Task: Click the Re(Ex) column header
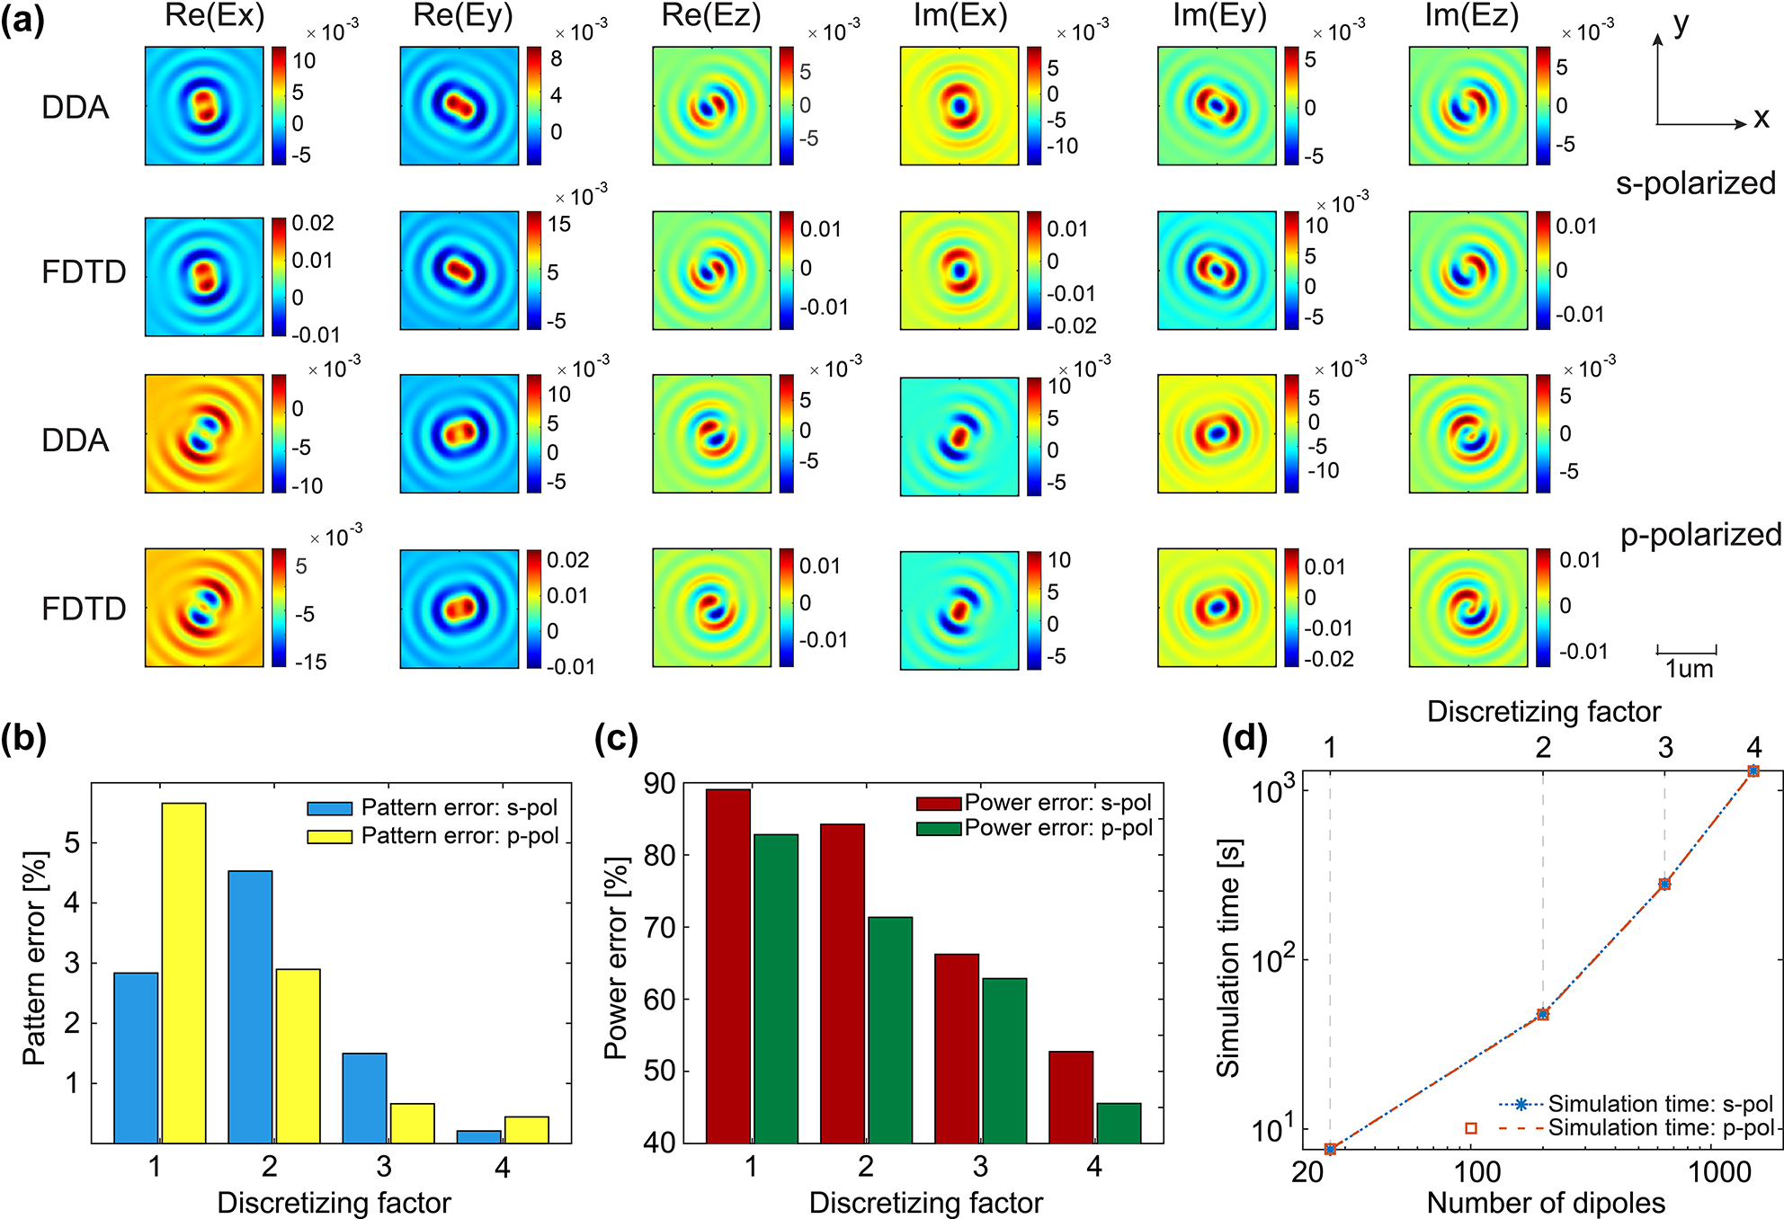point(214,16)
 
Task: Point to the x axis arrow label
point(1761,120)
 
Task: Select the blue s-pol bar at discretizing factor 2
point(250,1007)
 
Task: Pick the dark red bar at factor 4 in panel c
point(1071,1097)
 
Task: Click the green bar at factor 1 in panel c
point(775,989)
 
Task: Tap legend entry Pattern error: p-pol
point(459,836)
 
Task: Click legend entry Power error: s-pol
point(1057,803)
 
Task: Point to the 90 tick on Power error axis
point(658,784)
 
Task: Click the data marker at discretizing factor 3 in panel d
point(1664,885)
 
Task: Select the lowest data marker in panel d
point(1330,1149)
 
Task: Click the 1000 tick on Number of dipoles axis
point(1718,1172)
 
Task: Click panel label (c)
point(616,739)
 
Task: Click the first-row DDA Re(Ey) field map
point(459,106)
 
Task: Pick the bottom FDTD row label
point(84,609)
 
